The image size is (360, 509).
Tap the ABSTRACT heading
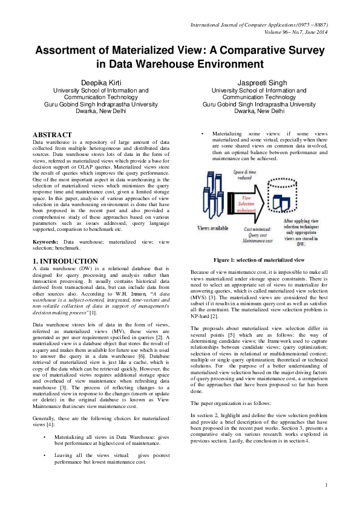51,135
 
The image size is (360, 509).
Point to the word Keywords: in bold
45,241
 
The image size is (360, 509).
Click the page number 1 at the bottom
326,485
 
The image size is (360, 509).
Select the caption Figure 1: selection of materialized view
258,260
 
